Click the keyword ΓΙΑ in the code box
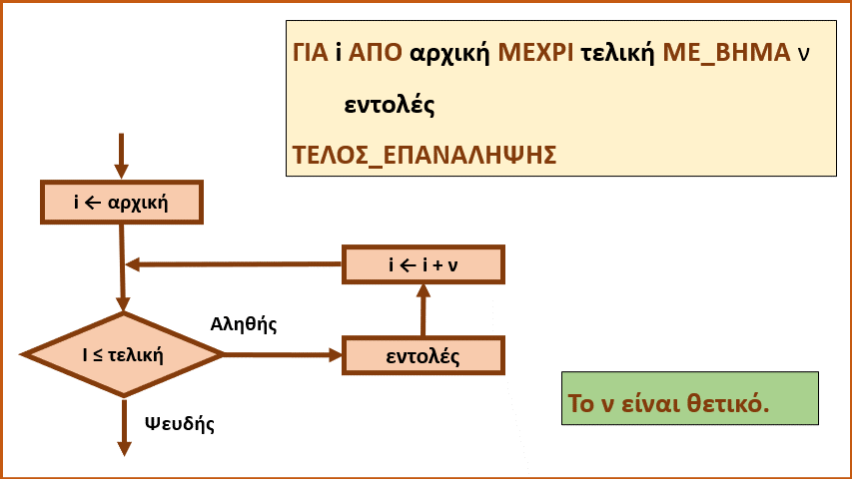tap(311, 53)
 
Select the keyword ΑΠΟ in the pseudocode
tap(375, 53)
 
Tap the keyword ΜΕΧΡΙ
tap(535, 53)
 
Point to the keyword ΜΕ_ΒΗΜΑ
tap(726, 54)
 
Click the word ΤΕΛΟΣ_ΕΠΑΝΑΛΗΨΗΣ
tap(425, 156)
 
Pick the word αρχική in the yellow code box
tap(449, 54)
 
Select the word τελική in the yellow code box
tap(618, 53)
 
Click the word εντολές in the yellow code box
tap(390, 104)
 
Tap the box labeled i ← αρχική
tap(122, 202)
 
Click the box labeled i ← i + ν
tap(424, 264)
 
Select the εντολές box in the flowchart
tap(424, 355)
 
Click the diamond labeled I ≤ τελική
tap(123, 354)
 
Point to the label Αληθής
tap(244, 324)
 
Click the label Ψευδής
tap(180, 423)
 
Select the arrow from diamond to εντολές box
tap(283, 355)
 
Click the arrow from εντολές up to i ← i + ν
tap(424, 310)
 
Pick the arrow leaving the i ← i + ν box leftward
tap(234, 264)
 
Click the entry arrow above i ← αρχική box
tap(121, 156)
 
